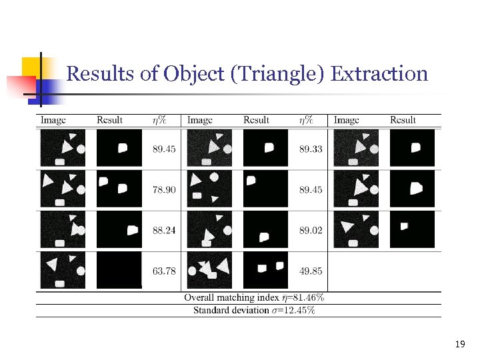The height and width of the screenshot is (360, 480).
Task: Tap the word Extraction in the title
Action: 379,73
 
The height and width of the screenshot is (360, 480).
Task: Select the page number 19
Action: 459,344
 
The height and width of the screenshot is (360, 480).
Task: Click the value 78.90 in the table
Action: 164,190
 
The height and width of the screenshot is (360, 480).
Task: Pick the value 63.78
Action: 164,271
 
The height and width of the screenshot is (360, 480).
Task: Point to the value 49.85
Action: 311,271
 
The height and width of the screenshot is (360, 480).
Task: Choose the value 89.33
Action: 311,149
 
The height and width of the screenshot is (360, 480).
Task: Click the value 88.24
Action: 164,231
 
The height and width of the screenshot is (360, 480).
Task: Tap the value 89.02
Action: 311,231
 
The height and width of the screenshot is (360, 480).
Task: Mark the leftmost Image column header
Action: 53,120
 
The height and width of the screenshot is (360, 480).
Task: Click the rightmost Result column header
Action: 403,120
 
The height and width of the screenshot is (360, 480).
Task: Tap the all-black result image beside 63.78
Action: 119,270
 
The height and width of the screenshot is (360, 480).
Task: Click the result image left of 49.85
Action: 266,270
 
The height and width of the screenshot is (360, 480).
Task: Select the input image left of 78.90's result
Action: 63,189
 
